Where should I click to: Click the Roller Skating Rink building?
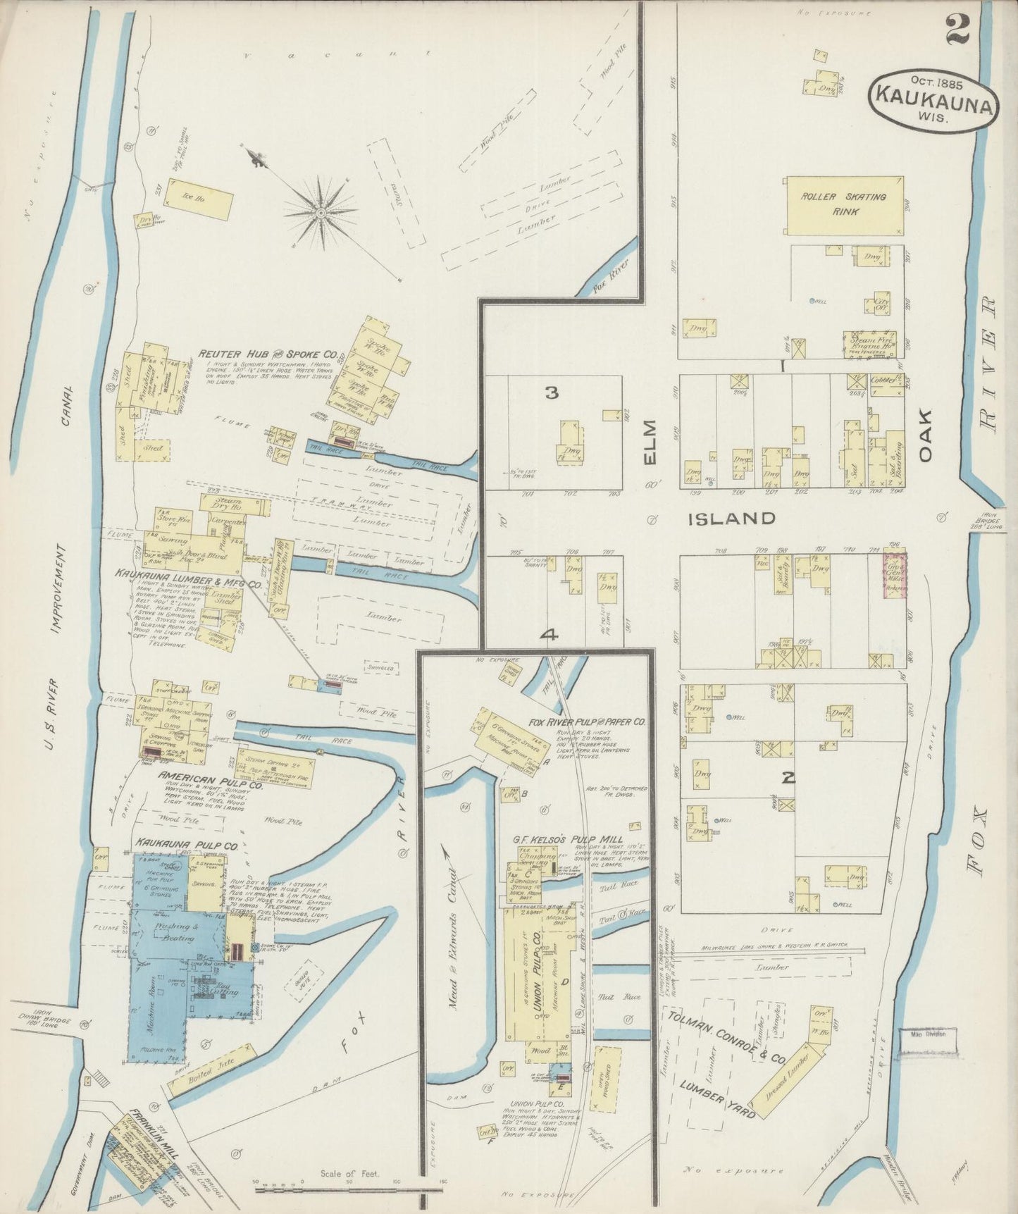point(845,205)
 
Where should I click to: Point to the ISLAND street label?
point(731,519)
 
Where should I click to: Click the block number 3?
point(552,393)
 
